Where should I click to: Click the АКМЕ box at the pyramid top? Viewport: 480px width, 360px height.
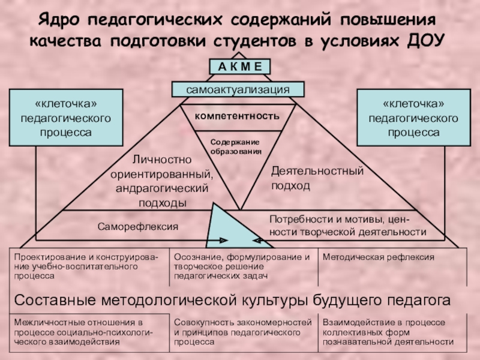(x=240, y=66)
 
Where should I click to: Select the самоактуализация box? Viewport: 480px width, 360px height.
(x=238, y=89)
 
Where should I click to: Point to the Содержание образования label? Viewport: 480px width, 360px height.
(x=236, y=146)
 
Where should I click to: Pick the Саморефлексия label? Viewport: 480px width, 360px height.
(x=139, y=227)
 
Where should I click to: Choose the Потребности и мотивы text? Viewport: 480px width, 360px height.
(x=347, y=225)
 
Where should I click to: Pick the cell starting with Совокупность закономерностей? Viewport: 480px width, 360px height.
(x=243, y=331)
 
